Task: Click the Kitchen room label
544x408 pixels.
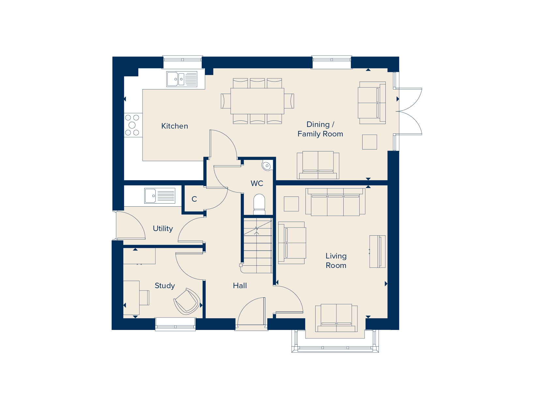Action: [x=175, y=126]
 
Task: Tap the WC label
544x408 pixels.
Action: [x=257, y=183]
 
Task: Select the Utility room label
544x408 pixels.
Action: [x=163, y=228]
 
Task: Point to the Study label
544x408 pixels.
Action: [x=165, y=286]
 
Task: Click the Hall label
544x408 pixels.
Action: [x=240, y=286]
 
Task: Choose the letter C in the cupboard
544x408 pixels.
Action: [x=194, y=199]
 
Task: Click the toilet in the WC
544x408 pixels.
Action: [x=259, y=204]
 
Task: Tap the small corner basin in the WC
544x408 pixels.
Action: [x=267, y=165]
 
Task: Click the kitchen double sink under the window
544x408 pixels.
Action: [x=182, y=79]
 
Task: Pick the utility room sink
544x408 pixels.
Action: [x=160, y=196]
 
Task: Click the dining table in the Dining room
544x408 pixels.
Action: [x=257, y=101]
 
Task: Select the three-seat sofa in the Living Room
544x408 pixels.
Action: [x=335, y=202]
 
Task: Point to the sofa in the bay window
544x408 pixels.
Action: [x=336, y=318]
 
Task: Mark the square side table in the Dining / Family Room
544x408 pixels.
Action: [x=369, y=142]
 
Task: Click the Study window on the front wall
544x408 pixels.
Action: [x=176, y=324]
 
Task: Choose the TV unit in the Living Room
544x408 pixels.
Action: [x=378, y=251]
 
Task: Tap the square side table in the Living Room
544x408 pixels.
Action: [x=291, y=204]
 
